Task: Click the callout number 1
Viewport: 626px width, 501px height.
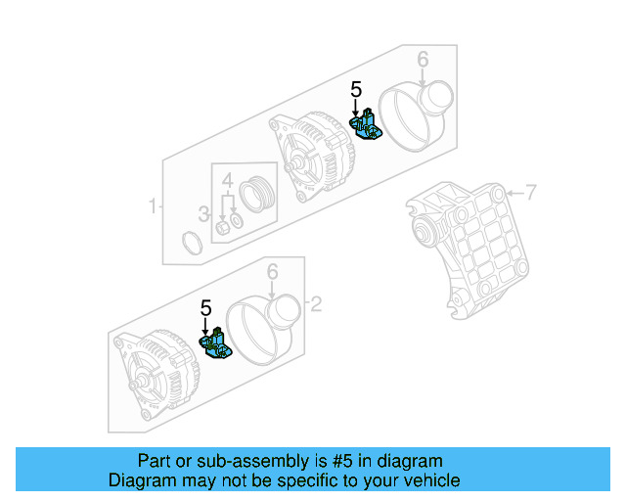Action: click(x=153, y=206)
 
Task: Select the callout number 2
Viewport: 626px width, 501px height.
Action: click(x=315, y=304)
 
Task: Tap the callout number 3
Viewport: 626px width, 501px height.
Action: click(x=204, y=214)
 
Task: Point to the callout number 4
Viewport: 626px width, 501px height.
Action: click(x=226, y=181)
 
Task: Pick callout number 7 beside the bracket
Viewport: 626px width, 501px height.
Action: click(x=531, y=193)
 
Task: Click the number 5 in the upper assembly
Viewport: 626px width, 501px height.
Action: click(x=356, y=91)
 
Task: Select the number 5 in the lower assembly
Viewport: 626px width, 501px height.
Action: click(x=205, y=308)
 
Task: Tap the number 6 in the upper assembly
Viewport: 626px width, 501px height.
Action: click(x=423, y=61)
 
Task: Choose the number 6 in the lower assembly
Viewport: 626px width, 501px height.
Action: click(x=273, y=271)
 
